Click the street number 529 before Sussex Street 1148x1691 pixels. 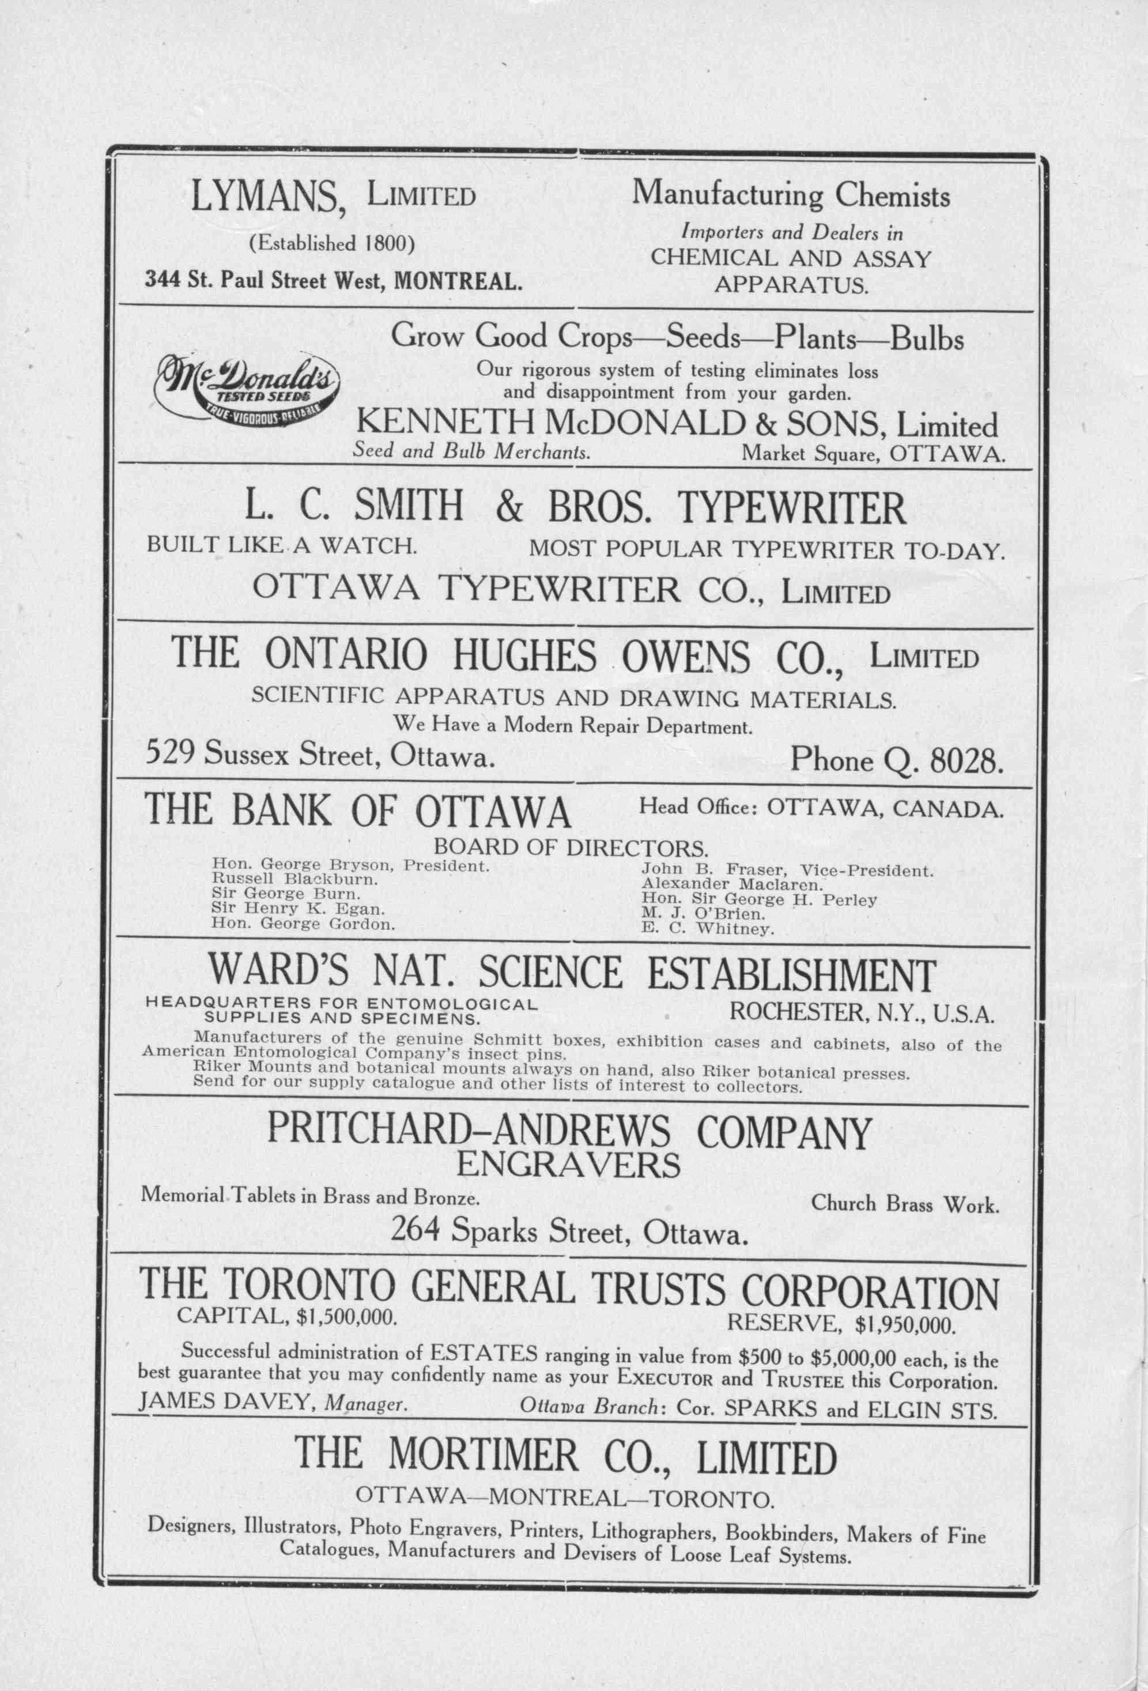(169, 753)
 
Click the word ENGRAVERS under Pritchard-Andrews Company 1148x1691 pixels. (568, 1165)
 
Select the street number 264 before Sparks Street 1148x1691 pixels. (418, 1231)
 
